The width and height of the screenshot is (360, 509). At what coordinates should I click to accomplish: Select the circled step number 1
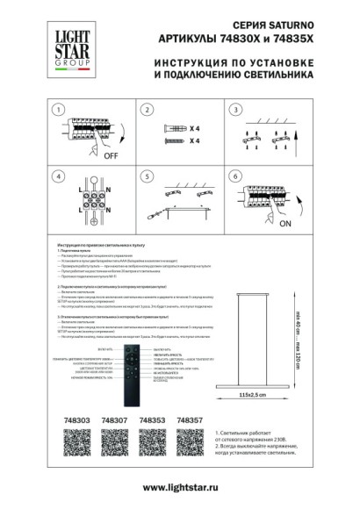pos(58,111)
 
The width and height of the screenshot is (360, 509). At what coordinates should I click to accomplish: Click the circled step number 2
pos(147,111)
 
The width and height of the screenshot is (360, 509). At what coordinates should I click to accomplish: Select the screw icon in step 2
pos(171,140)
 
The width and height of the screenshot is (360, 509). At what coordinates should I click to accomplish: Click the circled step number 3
pos(235,111)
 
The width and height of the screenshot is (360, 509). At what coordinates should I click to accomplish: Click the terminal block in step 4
pos(89,205)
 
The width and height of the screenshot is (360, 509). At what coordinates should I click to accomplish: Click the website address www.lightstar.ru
pos(180,487)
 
